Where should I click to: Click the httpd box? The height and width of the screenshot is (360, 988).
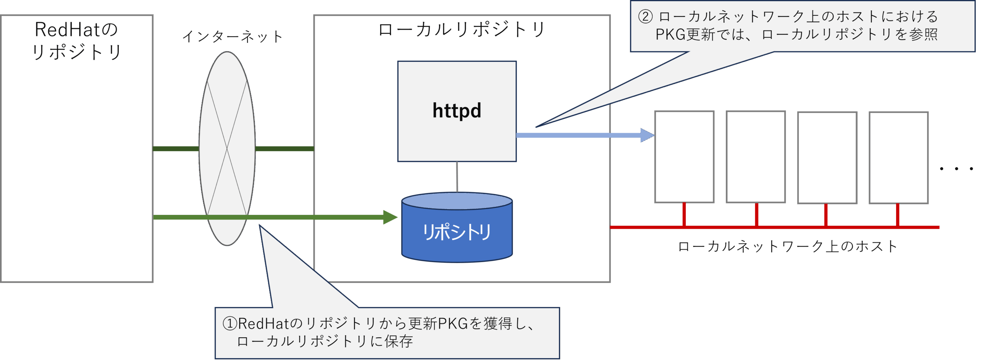pyautogui.click(x=457, y=111)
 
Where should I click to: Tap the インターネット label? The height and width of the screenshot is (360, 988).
pyautogui.click(x=233, y=37)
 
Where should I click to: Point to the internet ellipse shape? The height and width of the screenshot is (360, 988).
pyautogui.click(x=227, y=116)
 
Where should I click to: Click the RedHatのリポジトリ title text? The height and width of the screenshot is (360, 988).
pyautogui.click(x=76, y=41)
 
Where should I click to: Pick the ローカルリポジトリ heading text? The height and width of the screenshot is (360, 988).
pyautogui.click(x=462, y=30)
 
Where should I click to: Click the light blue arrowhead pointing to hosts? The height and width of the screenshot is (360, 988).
pyautogui.click(x=646, y=135)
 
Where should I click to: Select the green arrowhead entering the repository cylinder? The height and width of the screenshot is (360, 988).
pyautogui.click(x=390, y=217)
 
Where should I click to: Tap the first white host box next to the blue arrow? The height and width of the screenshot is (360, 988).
pyautogui.click(x=684, y=157)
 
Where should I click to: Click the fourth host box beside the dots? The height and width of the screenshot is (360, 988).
pyautogui.click(x=898, y=157)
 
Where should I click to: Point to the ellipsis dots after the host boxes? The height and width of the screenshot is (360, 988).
pyautogui.click(x=956, y=169)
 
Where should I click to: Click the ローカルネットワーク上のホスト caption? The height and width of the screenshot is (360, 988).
pyautogui.click(x=787, y=247)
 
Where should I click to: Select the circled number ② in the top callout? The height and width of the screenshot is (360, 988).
pyautogui.click(x=645, y=17)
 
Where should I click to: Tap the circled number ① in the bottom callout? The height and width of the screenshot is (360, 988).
pyautogui.click(x=230, y=323)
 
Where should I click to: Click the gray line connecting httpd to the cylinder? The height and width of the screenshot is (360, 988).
pyautogui.click(x=457, y=177)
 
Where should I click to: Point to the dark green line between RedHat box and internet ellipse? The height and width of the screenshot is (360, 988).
pyautogui.click(x=176, y=149)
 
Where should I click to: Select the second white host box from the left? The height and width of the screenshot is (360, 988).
pyautogui.click(x=756, y=157)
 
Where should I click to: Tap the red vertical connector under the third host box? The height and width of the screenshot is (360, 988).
pyautogui.click(x=826, y=215)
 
